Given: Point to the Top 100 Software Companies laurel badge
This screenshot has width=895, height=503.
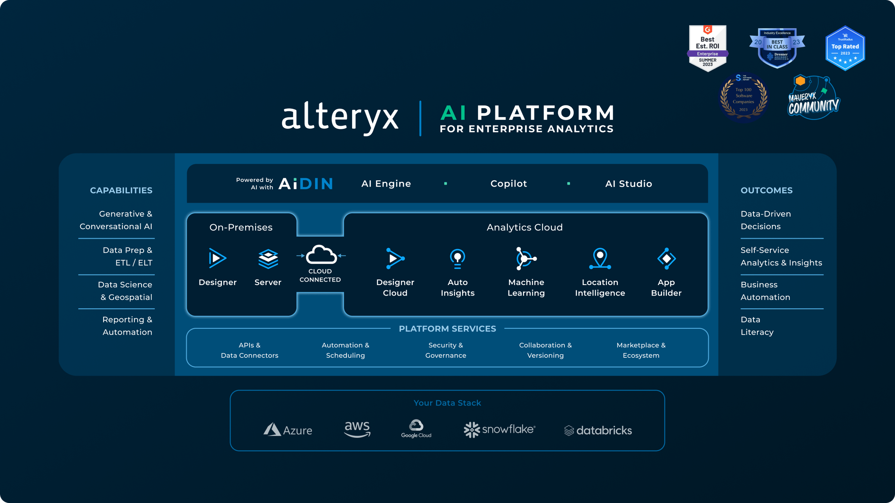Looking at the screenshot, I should point(744,97).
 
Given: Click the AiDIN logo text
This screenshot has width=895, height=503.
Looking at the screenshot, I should point(305,184).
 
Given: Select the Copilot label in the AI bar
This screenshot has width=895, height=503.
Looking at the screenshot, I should point(508,184).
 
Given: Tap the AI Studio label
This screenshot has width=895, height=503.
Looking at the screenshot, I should point(628,184).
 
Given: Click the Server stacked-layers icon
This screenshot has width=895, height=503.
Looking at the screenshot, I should point(268,259).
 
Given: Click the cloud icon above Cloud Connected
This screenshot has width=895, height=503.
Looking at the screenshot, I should point(321,254).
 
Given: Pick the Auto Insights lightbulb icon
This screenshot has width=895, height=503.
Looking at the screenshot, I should point(458,258).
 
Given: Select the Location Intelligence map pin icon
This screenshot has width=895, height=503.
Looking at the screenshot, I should point(600,258).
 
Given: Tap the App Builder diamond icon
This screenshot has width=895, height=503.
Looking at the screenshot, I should point(666,258).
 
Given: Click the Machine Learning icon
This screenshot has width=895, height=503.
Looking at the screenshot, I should point(526,258).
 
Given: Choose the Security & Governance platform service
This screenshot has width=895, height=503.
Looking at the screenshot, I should point(446,350).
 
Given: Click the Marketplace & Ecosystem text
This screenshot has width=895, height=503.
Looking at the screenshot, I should point(641,350).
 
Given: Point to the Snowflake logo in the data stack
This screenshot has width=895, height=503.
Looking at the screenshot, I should point(499,429).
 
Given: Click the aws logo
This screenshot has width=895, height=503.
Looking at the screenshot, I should point(357,429).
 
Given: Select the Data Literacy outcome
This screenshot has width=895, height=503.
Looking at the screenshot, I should point(757,326).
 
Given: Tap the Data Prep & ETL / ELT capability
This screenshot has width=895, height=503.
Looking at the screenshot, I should point(127,256).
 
